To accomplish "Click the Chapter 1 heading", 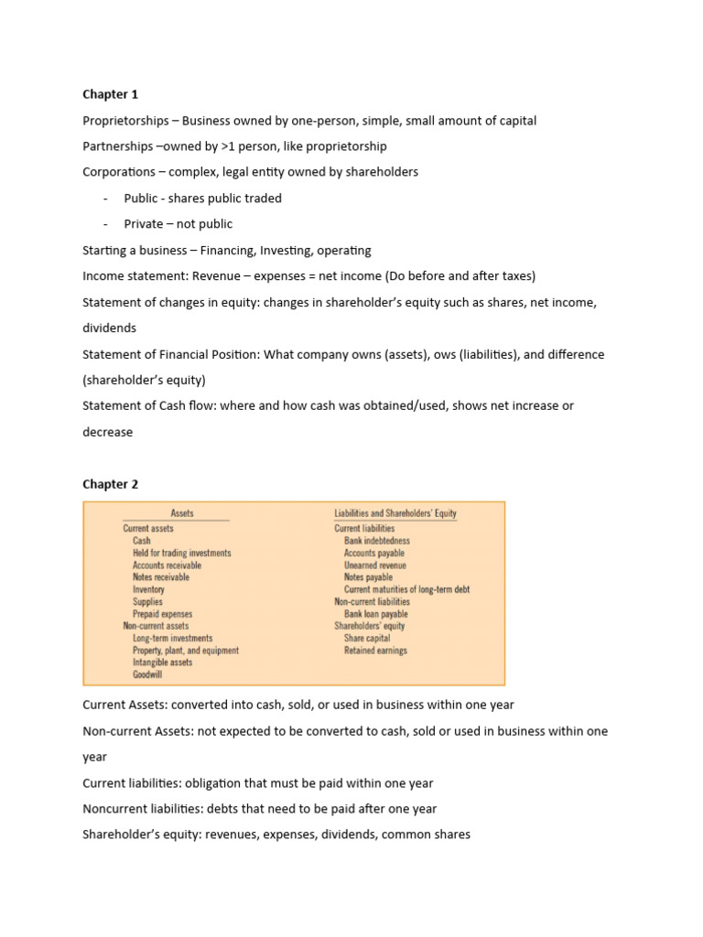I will coord(110,94).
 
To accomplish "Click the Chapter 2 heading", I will coord(110,484).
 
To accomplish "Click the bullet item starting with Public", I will coord(202,198).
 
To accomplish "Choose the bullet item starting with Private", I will coord(178,223).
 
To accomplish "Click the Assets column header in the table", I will coord(182,514).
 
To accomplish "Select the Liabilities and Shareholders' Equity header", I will coord(395,514).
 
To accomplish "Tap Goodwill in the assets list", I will coord(147,674).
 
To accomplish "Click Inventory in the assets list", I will coord(148,590).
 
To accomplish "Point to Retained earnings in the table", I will coord(375,651).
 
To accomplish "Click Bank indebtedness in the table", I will coord(376,541).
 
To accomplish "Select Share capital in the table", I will coord(366,638).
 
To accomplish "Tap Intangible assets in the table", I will coord(162,662).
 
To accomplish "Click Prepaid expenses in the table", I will coord(162,614).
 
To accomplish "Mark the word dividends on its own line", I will coord(109,328).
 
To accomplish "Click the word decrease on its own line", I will coord(107,432).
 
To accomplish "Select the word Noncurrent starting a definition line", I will coord(115,809).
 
